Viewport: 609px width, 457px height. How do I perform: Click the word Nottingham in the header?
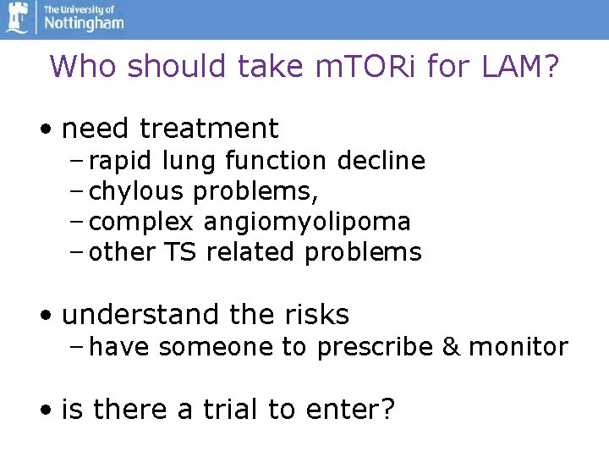click(84, 23)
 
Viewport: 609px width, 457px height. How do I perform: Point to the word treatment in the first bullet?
click(209, 129)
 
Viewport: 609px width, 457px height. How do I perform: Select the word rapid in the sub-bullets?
click(118, 161)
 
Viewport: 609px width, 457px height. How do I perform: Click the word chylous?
click(135, 191)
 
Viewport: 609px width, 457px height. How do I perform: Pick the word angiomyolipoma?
click(307, 222)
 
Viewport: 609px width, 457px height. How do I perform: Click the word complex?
click(142, 222)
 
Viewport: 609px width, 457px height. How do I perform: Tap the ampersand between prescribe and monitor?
click(452, 347)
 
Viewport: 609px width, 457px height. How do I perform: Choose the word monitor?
click(518, 347)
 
